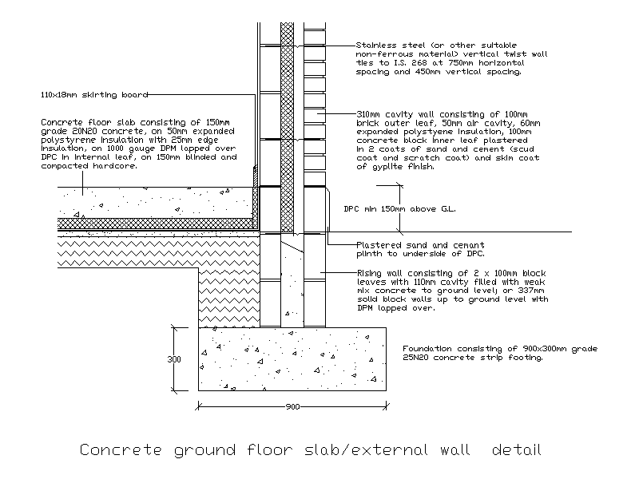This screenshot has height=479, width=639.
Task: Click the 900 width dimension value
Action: pyautogui.click(x=292, y=407)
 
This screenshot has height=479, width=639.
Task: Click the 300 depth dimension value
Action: pyautogui.click(x=174, y=359)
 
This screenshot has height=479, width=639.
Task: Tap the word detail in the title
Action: pyautogui.click(x=516, y=450)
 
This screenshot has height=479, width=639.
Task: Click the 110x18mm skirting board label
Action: pyautogui.click(x=94, y=94)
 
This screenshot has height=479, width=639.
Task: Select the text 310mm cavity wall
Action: pyautogui.click(x=391, y=115)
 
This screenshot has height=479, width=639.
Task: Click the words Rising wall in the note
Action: pyautogui.click(x=379, y=273)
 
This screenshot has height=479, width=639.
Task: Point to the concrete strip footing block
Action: pyautogui.click(x=292, y=358)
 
